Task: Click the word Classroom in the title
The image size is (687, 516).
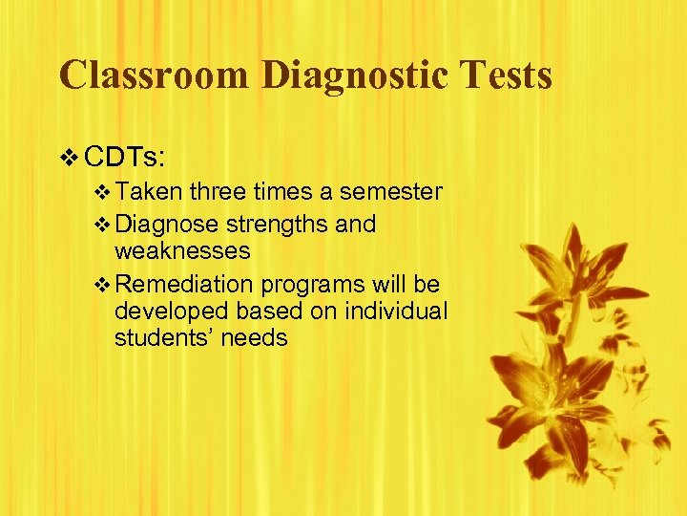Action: (152, 75)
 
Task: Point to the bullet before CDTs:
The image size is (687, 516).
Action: (67, 155)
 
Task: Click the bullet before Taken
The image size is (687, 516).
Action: (103, 193)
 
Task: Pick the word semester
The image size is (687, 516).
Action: (391, 193)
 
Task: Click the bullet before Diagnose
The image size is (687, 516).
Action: (103, 225)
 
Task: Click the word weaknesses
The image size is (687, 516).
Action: (182, 251)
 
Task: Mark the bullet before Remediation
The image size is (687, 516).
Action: (103, 285)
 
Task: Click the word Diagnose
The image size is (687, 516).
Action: (166, 225)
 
